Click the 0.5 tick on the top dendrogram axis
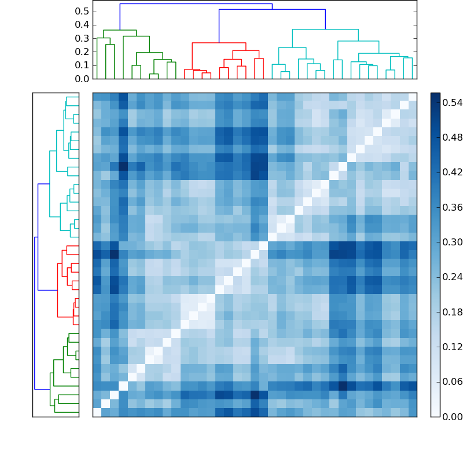(82, 12)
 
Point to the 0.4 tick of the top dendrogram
(82, 25)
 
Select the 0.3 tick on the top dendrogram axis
(82, 38)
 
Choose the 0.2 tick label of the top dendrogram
(82, 52)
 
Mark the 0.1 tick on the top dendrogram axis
(82, 65)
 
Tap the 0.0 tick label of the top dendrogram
(82, 78)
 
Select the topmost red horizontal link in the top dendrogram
(219, 43)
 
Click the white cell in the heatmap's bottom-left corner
(97, 412)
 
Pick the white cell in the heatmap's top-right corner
(412, 97)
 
